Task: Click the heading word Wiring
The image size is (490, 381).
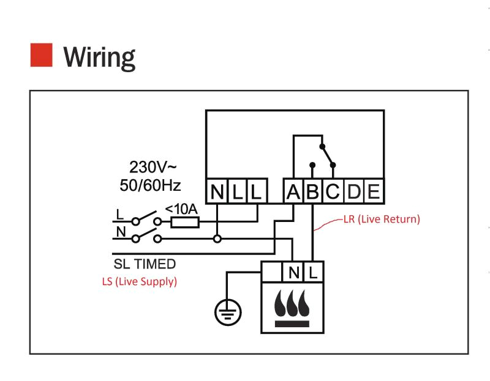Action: (x=99, y=57)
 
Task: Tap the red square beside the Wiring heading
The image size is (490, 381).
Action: (x=41, y=55)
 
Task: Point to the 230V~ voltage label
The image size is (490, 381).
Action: (x=153, y=166)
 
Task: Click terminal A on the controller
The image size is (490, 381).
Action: (x=293, y=193)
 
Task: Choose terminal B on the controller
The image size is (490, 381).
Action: (x=313, y=193)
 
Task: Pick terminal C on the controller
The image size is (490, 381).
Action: (x=333, y=193)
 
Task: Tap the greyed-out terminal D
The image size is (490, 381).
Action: (x=353, y=193)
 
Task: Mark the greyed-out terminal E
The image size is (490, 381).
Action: (x=372, y=193)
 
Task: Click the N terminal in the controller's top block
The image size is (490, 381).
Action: (x=217, y=193)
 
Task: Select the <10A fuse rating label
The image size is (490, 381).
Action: (x=182, y=209)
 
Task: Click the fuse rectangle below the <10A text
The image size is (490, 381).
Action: (x=184, y=222)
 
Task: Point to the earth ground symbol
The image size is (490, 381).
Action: (x=228, y=314)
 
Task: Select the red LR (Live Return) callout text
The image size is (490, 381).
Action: (x=382, y=219)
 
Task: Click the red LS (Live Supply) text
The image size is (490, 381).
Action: (x=139, y=282)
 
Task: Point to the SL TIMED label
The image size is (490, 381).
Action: (x=145, y=264)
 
